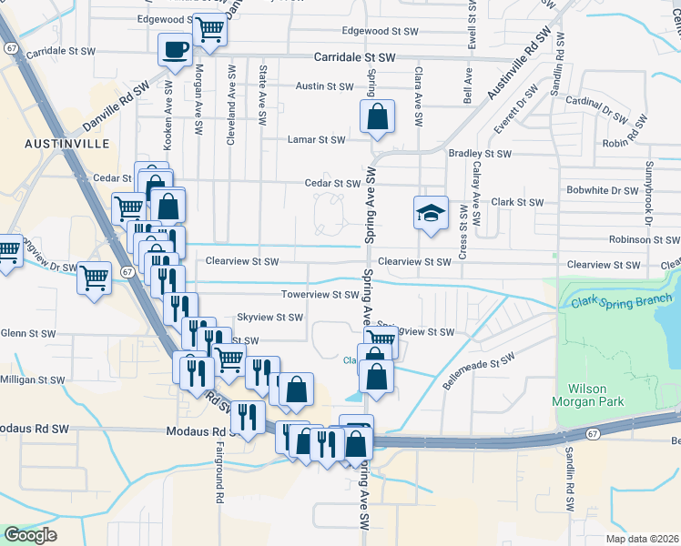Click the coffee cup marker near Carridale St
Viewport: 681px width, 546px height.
[175, 49]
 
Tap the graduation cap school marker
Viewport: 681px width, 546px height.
[431, 213]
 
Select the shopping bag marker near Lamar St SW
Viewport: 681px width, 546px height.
[376, 116]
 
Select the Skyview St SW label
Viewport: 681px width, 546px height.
[269, 318]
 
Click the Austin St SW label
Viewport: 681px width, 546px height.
[324, 87]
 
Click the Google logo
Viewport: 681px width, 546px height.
[30, 535]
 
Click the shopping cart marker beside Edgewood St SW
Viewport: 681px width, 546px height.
[209, 29]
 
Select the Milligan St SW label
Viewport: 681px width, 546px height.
[33, 379]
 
